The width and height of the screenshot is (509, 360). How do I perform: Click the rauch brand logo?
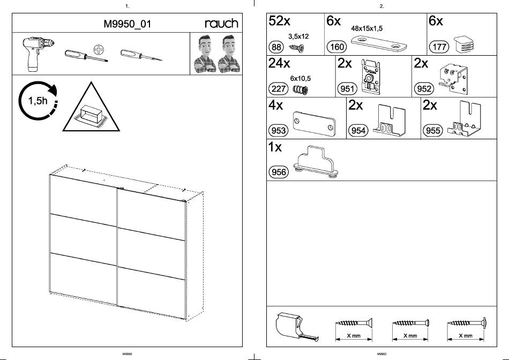(x=221, y=23)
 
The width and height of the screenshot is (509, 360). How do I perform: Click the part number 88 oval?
(x=277, y=47)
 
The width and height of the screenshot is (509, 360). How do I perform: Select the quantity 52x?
(x=280, y=21)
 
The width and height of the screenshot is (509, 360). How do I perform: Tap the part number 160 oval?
(x=337, y=47)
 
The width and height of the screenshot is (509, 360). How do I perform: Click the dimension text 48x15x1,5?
(x=366, y=28)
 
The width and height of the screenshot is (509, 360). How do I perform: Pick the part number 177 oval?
(x=439, y=47)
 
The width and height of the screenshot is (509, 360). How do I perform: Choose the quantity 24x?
(x=280, y=63)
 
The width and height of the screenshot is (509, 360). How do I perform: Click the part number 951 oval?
(x=347, y=89)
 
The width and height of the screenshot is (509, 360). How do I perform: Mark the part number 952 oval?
(x=423, y=89)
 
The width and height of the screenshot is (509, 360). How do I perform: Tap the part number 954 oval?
(x=357, y=130)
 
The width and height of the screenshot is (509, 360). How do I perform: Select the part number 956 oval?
(x=278, y=172)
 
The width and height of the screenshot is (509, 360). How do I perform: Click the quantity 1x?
(x=275, y=147)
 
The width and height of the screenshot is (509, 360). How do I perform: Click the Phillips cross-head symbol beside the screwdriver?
(x=98, y=50)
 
